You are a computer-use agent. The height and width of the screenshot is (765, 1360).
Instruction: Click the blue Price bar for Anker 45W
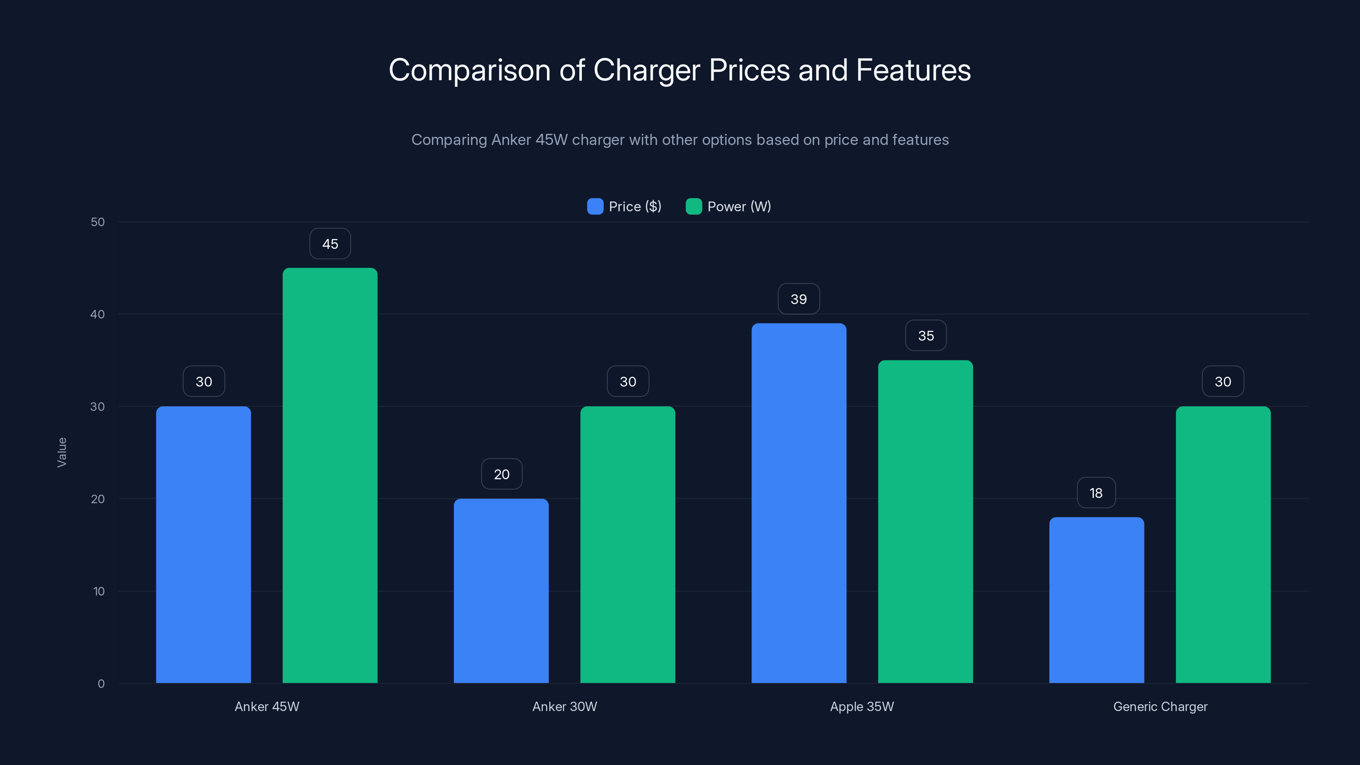tap(203, 544)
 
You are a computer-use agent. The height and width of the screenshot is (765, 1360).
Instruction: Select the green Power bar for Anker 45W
tap(330, 475)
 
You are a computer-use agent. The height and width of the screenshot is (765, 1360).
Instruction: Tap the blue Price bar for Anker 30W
tap(501, 590)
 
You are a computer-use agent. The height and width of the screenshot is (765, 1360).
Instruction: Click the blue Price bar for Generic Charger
tap(1096, 600)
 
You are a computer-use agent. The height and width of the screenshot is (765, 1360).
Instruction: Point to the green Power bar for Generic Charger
tap(1223, 544)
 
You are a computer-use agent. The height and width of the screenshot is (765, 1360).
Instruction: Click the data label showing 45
tap(330, 244)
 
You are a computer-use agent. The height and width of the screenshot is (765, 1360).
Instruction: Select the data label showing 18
tap(1096, 493)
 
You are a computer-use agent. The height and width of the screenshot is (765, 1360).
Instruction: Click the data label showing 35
tap(926, 336)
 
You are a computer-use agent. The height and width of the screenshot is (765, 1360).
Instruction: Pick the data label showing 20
tap(501, 474)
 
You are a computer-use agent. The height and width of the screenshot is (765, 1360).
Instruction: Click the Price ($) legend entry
tap(625, 207)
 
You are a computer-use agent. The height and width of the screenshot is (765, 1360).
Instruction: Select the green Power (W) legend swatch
tap(693, 207)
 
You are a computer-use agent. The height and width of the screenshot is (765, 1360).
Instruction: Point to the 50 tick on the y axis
tap(98, 222)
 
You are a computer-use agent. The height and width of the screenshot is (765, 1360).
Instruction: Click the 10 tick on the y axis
tap(99, 591)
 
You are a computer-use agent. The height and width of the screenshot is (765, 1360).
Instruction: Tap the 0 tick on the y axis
tap(101, 684)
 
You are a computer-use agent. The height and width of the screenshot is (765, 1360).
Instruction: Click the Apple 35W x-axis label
tap(861, 706)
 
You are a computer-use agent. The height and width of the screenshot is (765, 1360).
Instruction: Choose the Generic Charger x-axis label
tap(1160, 706)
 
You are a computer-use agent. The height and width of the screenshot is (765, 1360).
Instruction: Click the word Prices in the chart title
tap(749, 70)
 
